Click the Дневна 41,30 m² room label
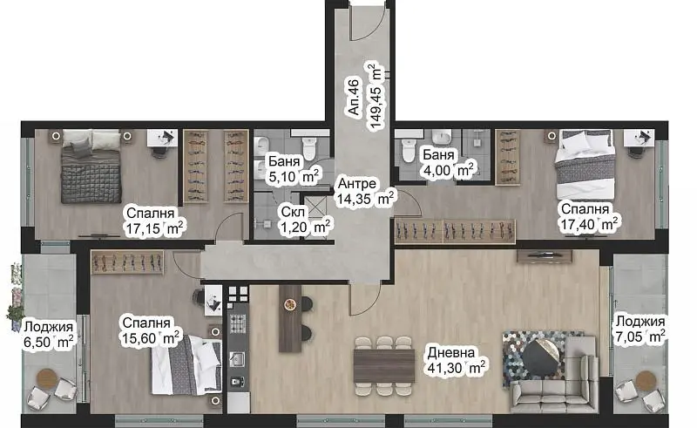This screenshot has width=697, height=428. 457,360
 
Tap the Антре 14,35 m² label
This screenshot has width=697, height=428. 365,191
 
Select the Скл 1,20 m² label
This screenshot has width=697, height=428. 306,220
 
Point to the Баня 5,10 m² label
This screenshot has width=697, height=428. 294,169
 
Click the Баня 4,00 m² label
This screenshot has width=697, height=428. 448,162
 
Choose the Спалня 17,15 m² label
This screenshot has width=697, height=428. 154,221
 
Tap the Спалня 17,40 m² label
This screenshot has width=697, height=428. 589,217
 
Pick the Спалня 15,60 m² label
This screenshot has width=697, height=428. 150,330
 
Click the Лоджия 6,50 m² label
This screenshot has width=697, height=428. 49,335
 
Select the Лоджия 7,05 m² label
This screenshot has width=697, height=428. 640,329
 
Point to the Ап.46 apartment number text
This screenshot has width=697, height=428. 354,97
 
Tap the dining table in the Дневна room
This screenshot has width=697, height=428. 384,366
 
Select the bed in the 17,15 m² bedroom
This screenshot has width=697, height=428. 91,166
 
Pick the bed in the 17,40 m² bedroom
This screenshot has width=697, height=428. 585,164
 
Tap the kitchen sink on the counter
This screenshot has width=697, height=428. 238,358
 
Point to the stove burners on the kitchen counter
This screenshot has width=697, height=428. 238,323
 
